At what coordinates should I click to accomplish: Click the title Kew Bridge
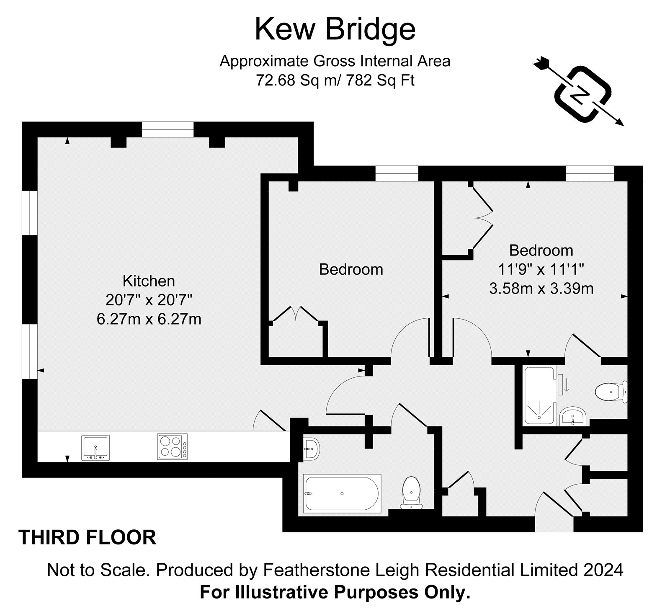[335, 29]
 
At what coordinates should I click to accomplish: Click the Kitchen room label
[149, 280]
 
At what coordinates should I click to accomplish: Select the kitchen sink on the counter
[96, 447]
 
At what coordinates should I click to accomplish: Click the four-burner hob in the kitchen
[173, 446]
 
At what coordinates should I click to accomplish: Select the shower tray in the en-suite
[541, 395]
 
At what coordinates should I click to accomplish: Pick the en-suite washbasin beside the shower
[573, 416]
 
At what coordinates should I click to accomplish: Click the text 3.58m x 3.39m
[541, 288]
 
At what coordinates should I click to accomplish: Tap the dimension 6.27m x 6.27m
[149, 319]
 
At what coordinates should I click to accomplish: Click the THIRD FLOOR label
[88, 538]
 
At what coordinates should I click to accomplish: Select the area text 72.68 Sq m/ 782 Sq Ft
[335, 80]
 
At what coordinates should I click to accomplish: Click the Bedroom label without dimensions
[351, 269]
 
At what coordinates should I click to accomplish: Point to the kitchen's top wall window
[168, 129]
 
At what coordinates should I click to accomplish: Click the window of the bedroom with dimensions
[590, 174]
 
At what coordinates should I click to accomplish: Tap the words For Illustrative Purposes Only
[335, 593]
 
